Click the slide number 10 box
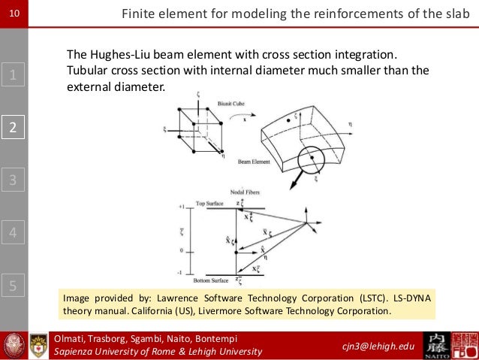14,13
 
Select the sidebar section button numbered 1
14,74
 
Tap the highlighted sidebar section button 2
14,127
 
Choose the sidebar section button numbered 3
14,180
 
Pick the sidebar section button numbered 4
14,232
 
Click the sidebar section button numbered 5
14,285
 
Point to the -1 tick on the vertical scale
180,274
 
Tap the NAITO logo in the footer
438,346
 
